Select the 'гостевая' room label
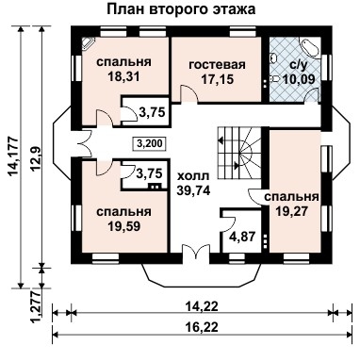[217, 64]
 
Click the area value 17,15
[217, 81]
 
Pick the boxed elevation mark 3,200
[147, 144]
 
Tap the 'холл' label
[193, 175]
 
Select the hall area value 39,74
[193, 190]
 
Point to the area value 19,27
[291, 212]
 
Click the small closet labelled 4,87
[242, 237]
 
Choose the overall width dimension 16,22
[198, 323]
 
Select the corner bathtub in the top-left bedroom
[88, 44]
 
